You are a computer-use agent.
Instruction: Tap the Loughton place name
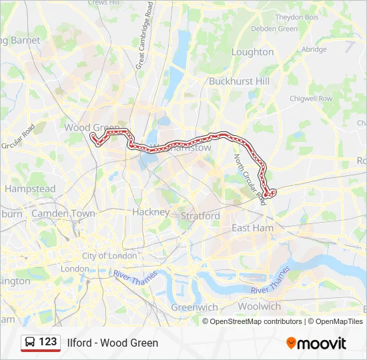252,52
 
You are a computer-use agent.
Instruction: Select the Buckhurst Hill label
238,81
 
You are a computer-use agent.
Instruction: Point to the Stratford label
200,216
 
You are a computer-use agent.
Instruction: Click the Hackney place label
151,211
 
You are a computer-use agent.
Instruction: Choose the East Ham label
252,228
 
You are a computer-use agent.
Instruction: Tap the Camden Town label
63,213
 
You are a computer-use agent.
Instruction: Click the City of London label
109,256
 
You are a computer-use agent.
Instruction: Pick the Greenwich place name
194,307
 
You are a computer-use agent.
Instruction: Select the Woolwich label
260,307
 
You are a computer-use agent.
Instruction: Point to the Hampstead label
30,189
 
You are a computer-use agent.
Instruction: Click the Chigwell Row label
310,99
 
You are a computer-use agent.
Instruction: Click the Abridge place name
314,49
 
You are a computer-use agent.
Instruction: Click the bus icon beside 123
30,342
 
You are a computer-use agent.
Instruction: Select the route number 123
48,341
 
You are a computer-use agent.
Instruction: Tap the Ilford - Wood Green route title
113,343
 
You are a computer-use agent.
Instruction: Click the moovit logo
316,343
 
